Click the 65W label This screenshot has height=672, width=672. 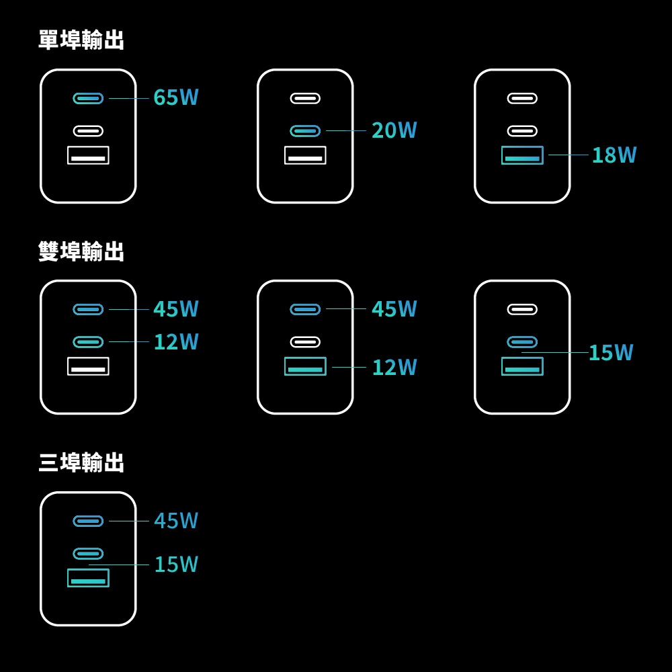(x=175, y=97)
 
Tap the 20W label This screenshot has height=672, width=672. (x=394, y=130)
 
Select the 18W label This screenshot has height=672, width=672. (x=614, y=155)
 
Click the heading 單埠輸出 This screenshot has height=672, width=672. (x=81, y=40)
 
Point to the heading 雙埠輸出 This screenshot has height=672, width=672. (x=81, y=251)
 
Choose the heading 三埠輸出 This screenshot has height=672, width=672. (x=81, y=462)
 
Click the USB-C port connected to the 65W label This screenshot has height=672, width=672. (x=88, y=98)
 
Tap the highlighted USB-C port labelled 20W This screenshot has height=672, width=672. (x=305, y=130)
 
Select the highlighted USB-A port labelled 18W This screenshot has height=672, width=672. (x=522, y=155)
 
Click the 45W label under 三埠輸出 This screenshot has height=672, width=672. (x=176, y=521)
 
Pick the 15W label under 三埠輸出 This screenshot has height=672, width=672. (x=176, y=564)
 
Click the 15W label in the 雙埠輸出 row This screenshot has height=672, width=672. (x=610, y=353)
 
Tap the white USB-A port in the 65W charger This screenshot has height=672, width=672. (x=88, y=155)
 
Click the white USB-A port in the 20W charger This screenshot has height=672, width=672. (x=305, y=155)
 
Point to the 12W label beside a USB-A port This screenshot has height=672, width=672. (x=394, y=368)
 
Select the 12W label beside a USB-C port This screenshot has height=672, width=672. (x=176, y=342)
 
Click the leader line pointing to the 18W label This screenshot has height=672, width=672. (x=568, y=155)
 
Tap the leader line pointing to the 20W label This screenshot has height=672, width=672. (x=346, y=130)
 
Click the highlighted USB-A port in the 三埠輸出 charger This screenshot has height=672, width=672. (x=88, y=578)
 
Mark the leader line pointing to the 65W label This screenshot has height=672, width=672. (x=128, y=98)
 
